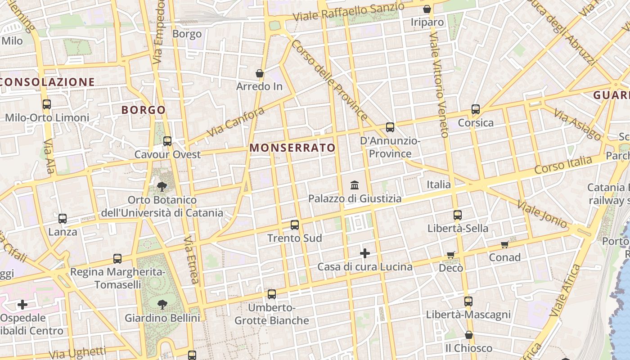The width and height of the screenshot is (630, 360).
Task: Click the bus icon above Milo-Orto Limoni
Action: click(46, 104)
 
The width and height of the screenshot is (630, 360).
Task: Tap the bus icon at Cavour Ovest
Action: click(167, 141)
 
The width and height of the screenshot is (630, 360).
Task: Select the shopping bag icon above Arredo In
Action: click(259, 73)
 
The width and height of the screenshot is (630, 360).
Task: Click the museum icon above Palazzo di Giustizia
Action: click(355, 185)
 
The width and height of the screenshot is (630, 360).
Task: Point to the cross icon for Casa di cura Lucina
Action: click(365, 254)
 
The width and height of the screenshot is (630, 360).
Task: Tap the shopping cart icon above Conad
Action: click(504, 244)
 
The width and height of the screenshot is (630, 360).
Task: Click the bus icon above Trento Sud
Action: click(295, 225)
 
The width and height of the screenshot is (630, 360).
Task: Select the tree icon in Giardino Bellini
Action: click(162, 305)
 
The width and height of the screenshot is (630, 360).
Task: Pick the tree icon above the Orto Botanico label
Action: click(162, 186)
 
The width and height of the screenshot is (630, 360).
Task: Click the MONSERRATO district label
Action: click(292, 148)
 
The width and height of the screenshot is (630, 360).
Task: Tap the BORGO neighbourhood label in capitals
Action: click(144, 110)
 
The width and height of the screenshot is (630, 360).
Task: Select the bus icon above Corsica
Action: click(476, 109)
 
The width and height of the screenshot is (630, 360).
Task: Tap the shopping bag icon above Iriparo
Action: click(427, 9)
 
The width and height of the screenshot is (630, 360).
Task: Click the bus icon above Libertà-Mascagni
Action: click(468, 301)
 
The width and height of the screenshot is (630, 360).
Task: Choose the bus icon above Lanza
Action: click(63, 219)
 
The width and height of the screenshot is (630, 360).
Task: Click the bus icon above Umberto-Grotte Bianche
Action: click(272, 294)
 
